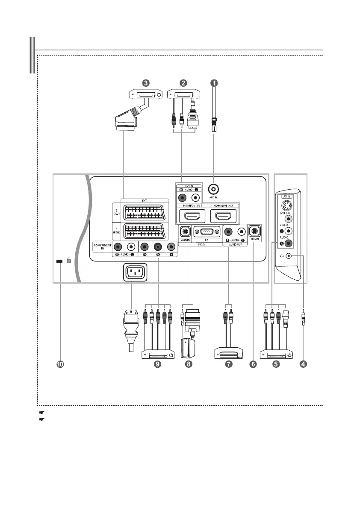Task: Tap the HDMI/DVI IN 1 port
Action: coord(191,215)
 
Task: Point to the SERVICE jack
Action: coord(255,232)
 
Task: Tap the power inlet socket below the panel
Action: coord(135,272)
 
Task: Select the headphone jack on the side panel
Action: coord(289,256)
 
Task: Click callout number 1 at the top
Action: coord(213,83)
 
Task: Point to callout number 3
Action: coord(146,83)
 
